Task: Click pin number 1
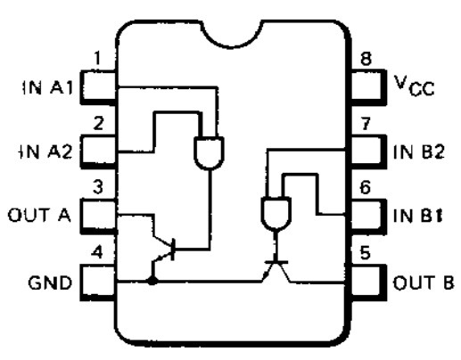click(97, 58)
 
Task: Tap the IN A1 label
click(47, 87)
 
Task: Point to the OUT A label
click(39, 215)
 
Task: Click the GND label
click(50, 282)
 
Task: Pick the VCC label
click(415, 86)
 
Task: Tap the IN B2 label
click(419, 151)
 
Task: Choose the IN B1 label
click(418, 216)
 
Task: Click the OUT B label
click(424, 282)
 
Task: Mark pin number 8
click(366, 59)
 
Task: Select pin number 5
click(366, 253)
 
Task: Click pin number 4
click(97, 253)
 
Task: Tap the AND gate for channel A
click(210, 153)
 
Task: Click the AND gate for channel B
click(276, 213)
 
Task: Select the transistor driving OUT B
click(276, 270)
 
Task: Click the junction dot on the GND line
click(152, 280)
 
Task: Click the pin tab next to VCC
click(368, 87)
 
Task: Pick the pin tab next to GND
click(98, 282)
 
